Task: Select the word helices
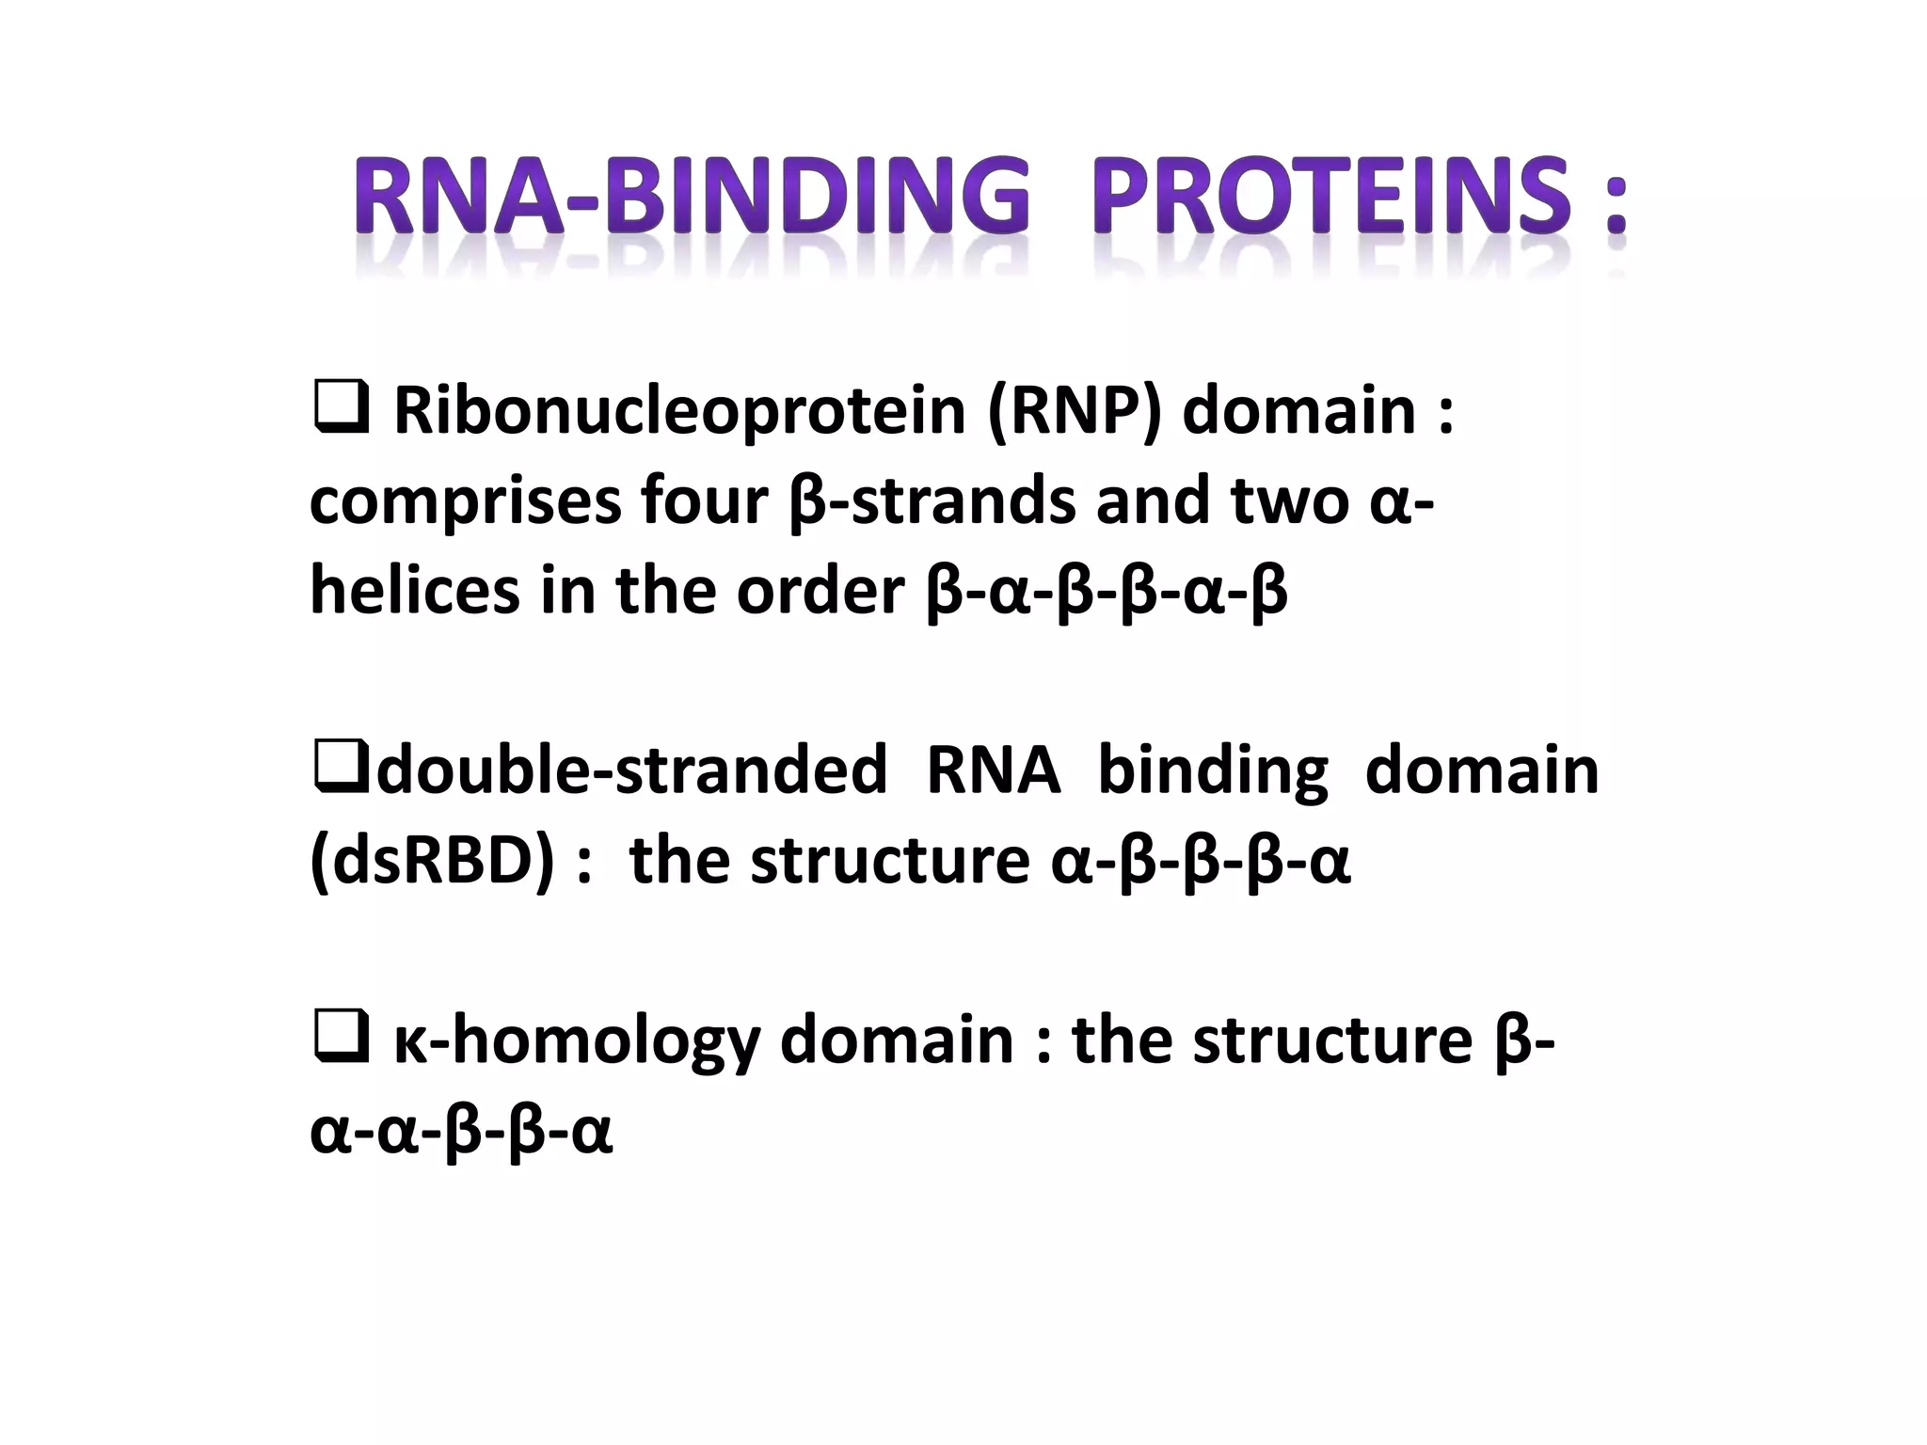pyautogui.click(x=414, y=592)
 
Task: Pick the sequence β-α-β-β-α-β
pyautogui.click(x=1107, y=594)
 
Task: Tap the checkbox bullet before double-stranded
pyautogui.click(x=341, y=770)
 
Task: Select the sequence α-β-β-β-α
pyautogui.click(x=1201, y=861)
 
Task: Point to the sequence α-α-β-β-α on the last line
pyautogui.click(x=461, y=1132)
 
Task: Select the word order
pyautogui.click(x=820, y=592)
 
